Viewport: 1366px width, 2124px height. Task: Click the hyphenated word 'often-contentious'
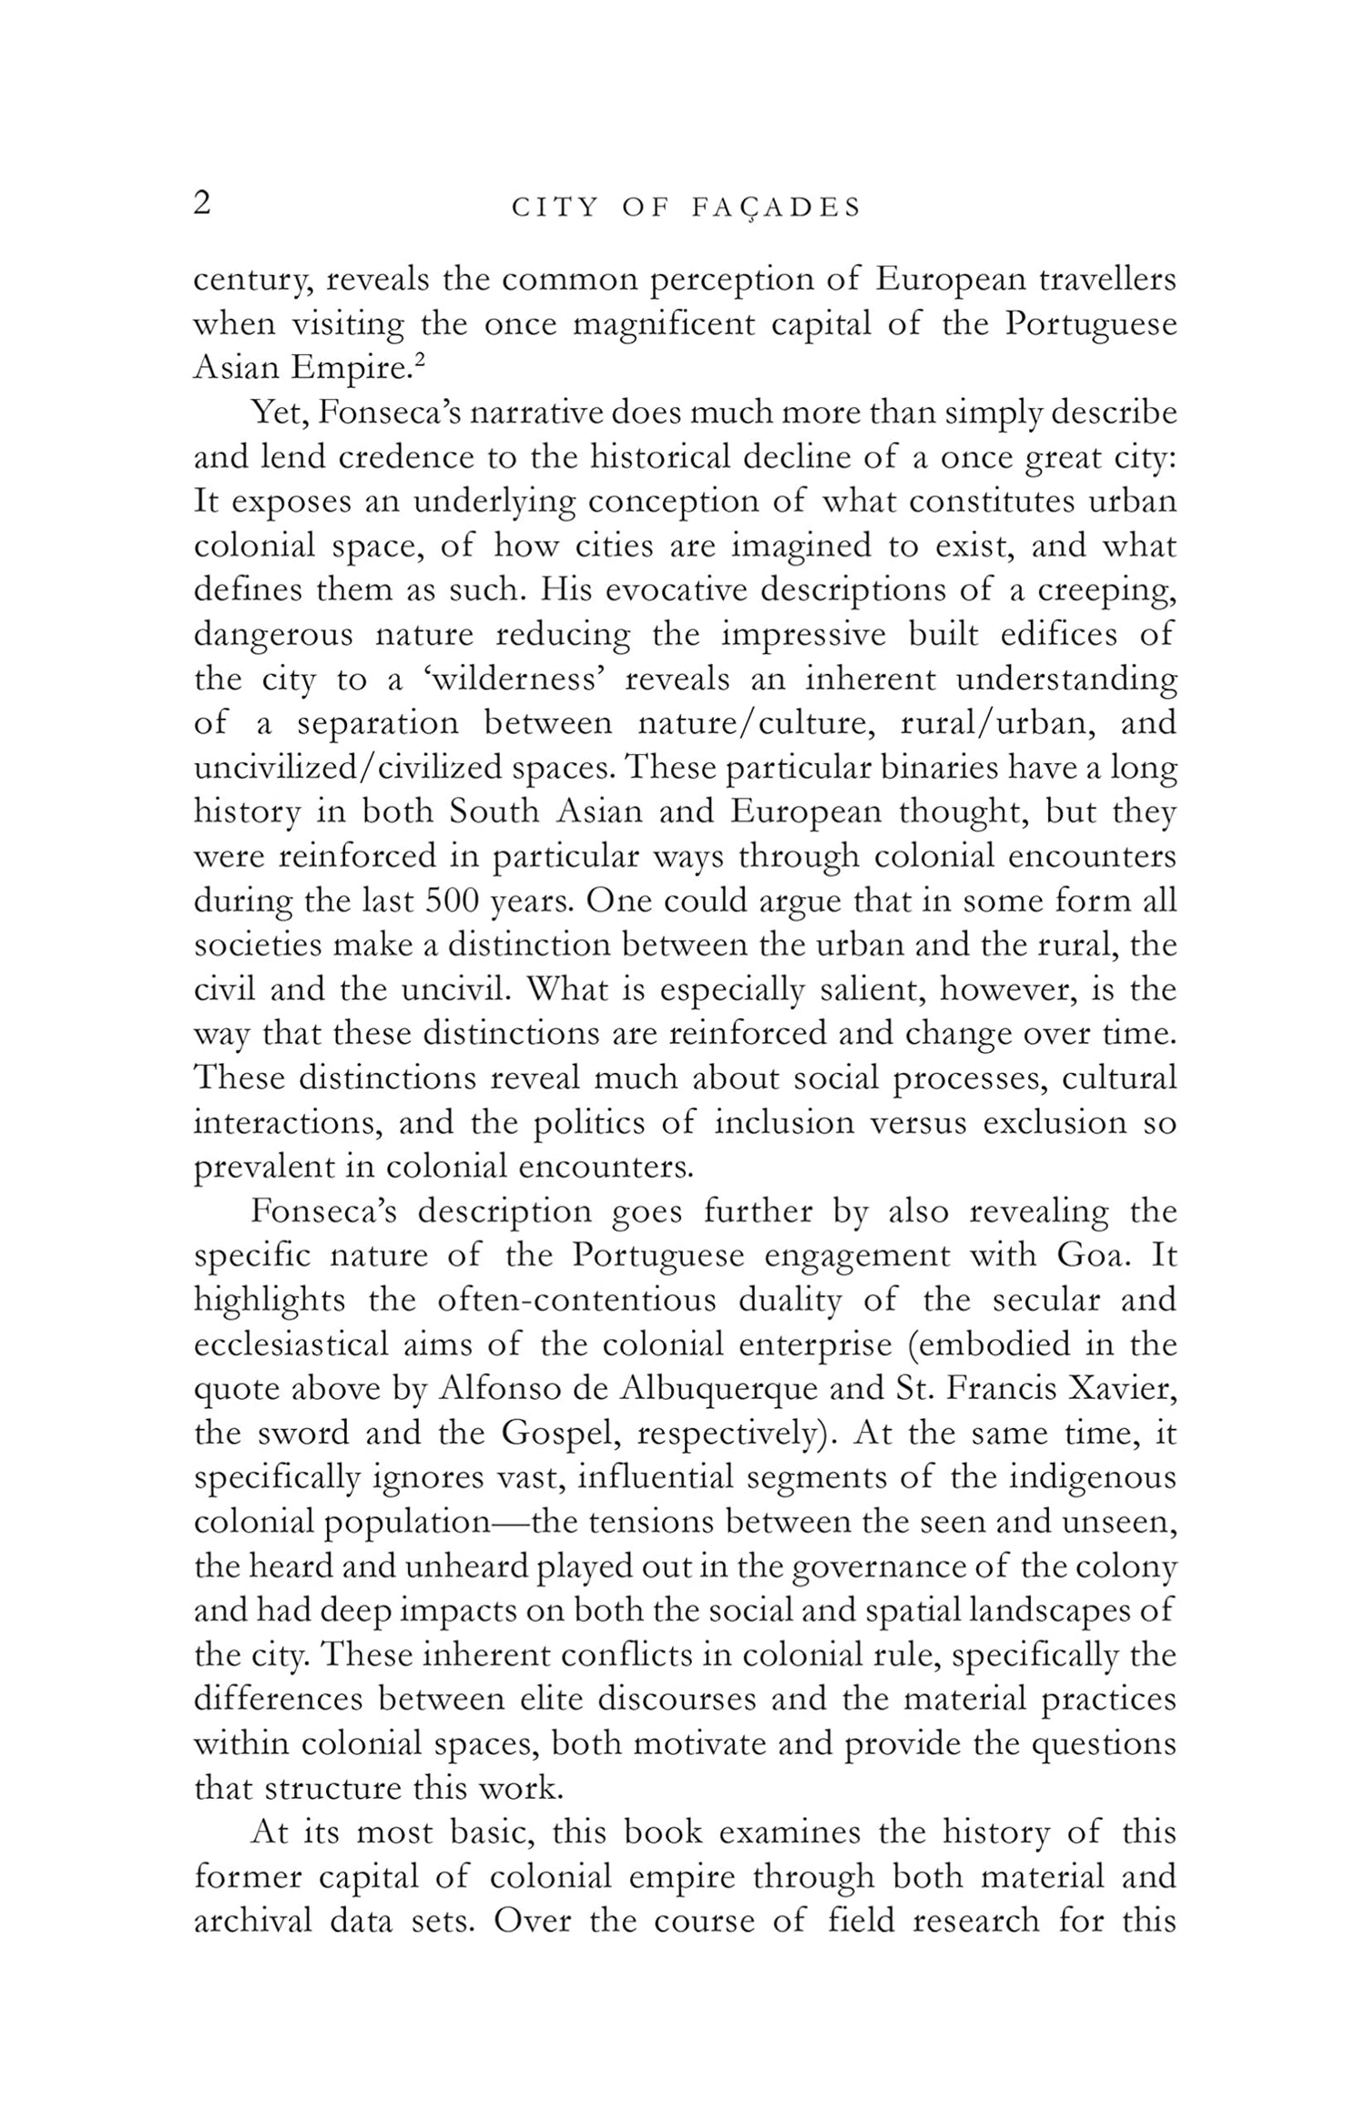click(576, 1300)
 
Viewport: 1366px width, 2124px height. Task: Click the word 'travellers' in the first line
click(1107, 280)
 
